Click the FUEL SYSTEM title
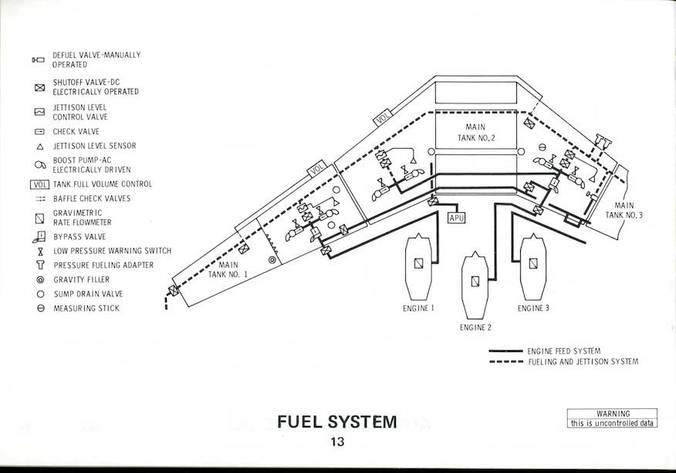336,422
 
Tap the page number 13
336,442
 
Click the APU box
458,218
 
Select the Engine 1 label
418,308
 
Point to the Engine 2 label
475,327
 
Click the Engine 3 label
534,308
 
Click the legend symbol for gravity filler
39,280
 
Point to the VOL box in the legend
39,184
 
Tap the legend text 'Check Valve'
76,132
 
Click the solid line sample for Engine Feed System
505,351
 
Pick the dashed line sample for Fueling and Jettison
505,361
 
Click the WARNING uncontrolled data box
613,418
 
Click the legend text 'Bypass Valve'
79,237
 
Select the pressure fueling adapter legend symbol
39,265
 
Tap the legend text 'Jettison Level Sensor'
94,146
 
